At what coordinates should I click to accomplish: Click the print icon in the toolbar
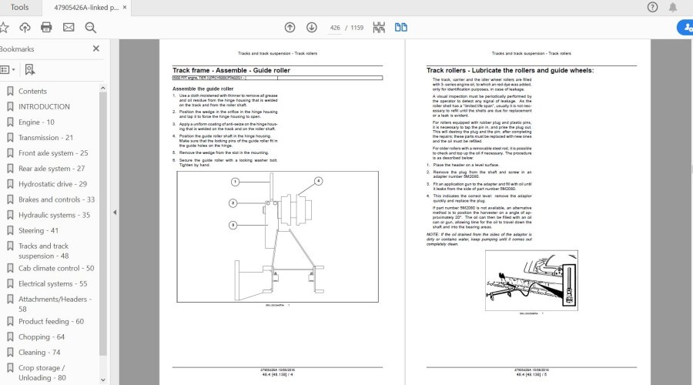click(x=46, y=27)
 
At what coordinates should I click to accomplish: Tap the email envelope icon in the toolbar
click(x=69, y=27)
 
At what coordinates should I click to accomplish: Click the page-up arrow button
click(x=290, y=27)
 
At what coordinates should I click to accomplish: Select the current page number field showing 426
click(x=335, y=27)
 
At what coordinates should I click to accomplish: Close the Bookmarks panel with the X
click(x=96, y=49)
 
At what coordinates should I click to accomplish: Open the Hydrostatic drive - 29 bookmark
click(x=52, y=184)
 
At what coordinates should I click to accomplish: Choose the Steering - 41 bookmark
click(x=38, y=230)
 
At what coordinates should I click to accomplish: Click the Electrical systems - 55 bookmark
click(x=52, y=283)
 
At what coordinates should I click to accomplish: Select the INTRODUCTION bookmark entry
click(x=44, y=106)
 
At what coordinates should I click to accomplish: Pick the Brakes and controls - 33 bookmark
click(x=56, y=199)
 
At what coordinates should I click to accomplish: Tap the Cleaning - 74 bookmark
click(x=39, y=352)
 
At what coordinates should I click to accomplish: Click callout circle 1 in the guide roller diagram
click(x=236, y=182)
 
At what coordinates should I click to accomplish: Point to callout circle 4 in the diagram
click(x=316, y=181)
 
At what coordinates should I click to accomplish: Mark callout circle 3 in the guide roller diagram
click(x=232, y=225)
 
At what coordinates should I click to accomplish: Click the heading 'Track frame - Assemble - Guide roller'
click(x=231, y=70)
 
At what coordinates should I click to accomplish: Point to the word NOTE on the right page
click(x=433, y=233)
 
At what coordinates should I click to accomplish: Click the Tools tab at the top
click(x=19, y=7)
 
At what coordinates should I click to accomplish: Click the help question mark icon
click(x=653, y=7)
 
